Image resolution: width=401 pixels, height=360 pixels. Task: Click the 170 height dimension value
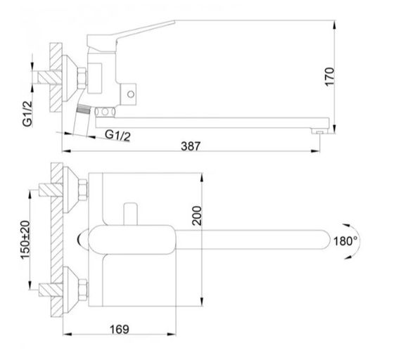point(342,73)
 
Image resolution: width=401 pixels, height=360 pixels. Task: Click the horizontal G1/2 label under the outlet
point(117,134)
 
